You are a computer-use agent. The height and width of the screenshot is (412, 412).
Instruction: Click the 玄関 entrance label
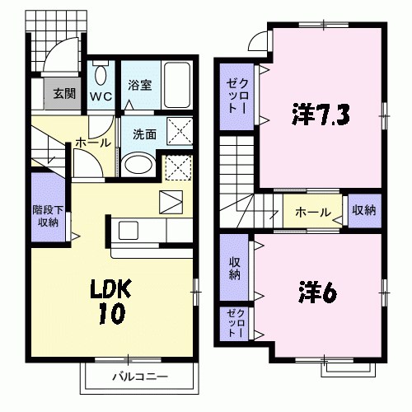point(63,92)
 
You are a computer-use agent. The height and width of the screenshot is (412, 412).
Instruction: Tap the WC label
point(101,96)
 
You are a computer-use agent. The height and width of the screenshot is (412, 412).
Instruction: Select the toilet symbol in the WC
point(101,75)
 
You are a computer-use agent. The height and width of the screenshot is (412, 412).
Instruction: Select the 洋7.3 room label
point(320,114)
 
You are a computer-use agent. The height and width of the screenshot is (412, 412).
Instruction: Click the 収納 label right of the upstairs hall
point(363,211)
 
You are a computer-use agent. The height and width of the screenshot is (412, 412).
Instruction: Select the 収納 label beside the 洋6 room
point(235,269)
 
